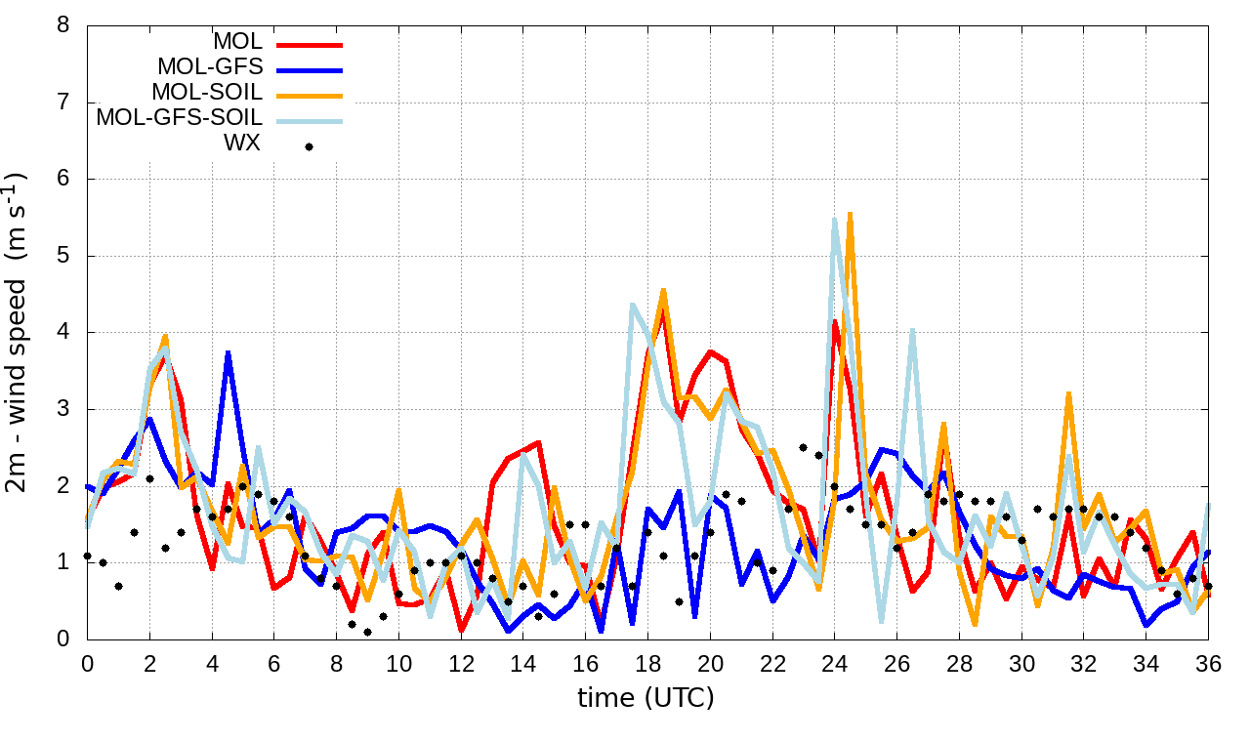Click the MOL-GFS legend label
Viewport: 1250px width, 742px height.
tap(210, 67)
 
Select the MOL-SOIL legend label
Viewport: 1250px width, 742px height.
tap(207, 93)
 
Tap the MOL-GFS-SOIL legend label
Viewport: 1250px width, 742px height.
tap(179, 118)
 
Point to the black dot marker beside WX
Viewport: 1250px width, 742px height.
tap(310, 146)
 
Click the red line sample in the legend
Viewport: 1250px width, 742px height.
tap(310, 44)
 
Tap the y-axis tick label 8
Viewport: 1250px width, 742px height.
tap(63, 24)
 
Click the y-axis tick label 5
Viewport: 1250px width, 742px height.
tap(63, 256)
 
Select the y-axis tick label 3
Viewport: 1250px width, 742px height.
tap(63, 409)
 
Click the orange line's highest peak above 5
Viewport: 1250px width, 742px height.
tap(851, 213)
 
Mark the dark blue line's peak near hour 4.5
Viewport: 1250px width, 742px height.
tap(228, 352)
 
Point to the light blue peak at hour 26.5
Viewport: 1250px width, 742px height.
tap(912, 330)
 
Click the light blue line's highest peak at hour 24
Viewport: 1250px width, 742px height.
tap(835, 220)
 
